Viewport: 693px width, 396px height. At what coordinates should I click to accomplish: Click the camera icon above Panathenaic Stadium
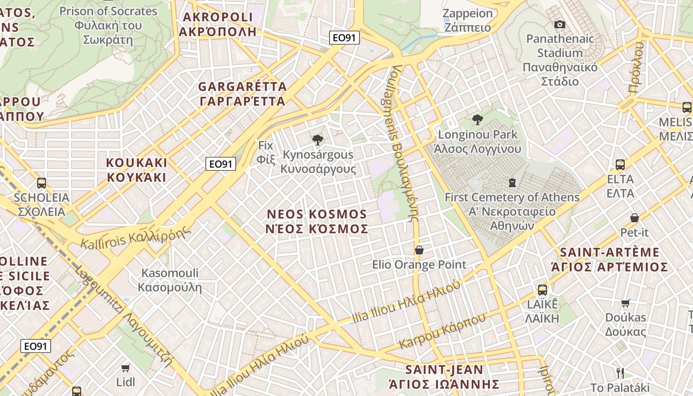[x=560, y=24]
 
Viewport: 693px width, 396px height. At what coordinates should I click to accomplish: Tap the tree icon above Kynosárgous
[x=318, y=140]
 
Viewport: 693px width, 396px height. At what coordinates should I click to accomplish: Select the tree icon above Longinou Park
[x=478, y=120]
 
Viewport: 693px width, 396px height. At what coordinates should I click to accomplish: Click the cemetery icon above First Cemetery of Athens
[x=512, y=183]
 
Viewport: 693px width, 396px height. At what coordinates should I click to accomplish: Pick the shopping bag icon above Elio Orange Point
[x=419, y=250]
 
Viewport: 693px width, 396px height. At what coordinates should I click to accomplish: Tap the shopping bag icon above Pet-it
[x=634, y=218]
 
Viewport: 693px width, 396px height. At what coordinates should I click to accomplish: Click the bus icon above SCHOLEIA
[x=42, y=183]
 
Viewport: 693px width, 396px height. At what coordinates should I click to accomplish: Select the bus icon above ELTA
[x=620, y=165]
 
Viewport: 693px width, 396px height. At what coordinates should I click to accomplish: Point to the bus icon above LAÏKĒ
[x=543, y=290]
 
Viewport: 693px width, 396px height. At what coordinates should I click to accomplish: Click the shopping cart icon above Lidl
[x=125, y=368]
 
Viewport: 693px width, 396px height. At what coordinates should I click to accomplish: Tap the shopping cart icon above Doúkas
[x=626, y=303]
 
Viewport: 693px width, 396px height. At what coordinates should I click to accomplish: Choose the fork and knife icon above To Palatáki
[x=620, y=373]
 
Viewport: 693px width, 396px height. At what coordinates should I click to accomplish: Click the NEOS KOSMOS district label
[x=317, y=221]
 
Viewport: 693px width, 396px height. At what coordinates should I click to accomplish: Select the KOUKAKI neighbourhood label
[x=137, y=170]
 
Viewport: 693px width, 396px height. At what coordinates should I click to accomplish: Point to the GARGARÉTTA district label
[x=243, y=94]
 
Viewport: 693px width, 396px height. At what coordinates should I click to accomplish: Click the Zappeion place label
[x=467, y=20]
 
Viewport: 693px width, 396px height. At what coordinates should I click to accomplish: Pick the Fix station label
[x=266, y=152]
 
